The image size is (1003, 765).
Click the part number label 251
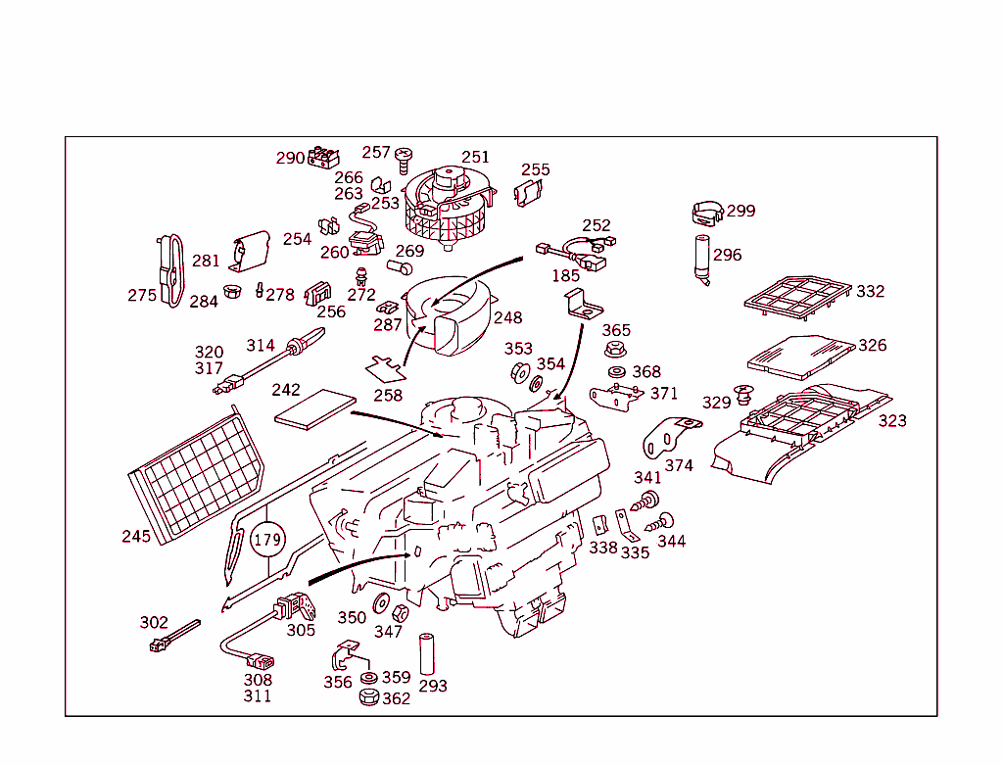point(475,157)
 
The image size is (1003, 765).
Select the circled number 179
point(267,540)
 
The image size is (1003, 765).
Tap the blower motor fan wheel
point(447,210)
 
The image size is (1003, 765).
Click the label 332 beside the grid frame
point(870,291)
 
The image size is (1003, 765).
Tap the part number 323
point(891,420)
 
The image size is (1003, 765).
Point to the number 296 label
point(727,255)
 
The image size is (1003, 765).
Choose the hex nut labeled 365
point(615,349)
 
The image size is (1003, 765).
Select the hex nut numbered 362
point(369,698)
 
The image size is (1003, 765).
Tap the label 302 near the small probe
point(154,622)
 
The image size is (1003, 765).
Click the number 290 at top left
point(290,158)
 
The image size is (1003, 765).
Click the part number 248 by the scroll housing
point(507,317)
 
